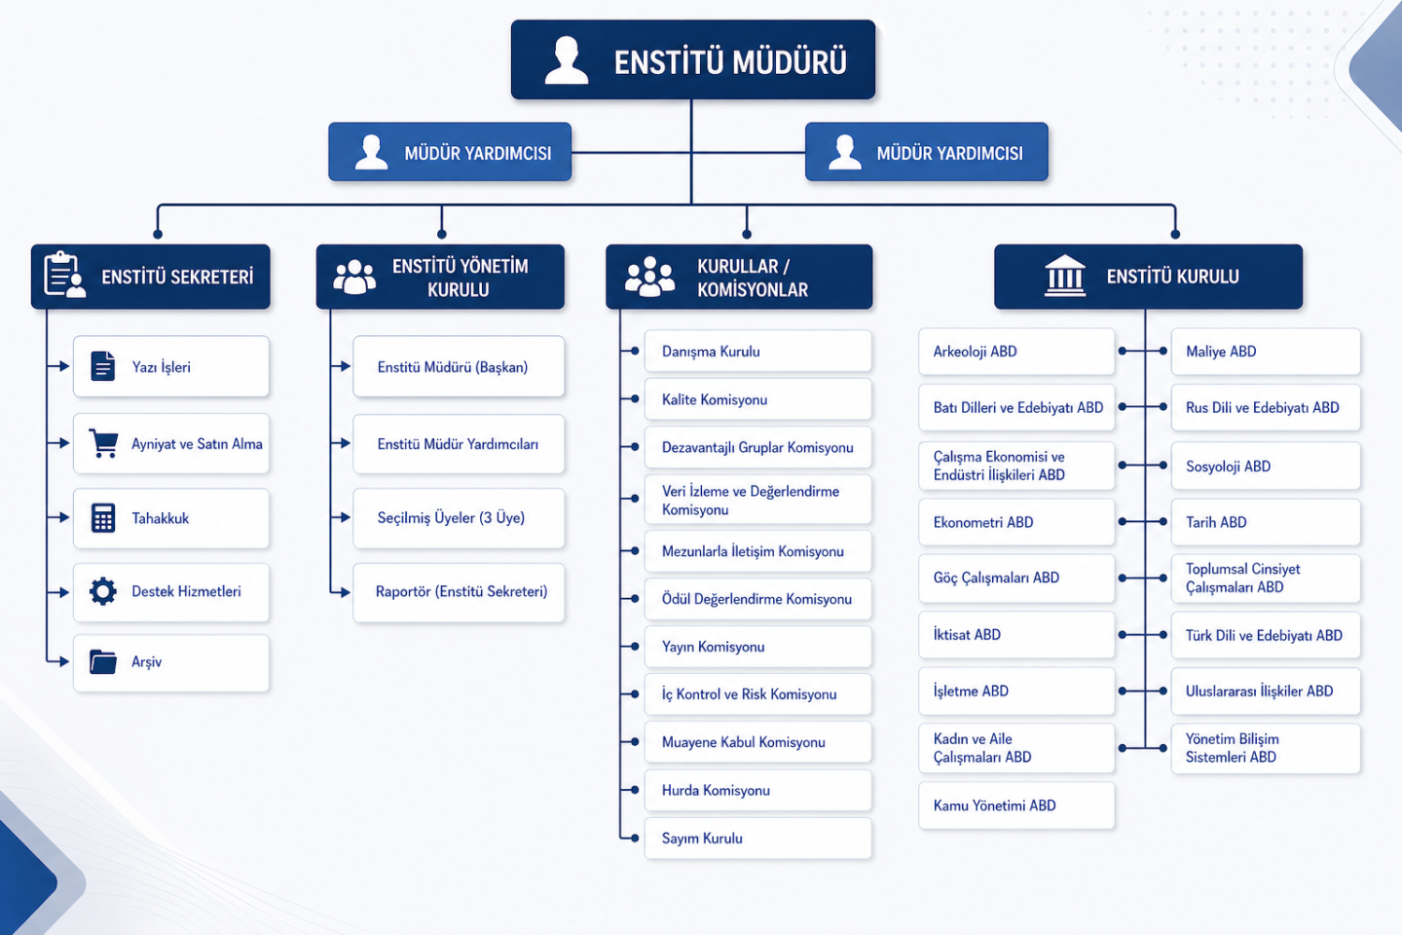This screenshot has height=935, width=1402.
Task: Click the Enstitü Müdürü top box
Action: [692, 60]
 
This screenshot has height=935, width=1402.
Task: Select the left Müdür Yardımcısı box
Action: [450, 152]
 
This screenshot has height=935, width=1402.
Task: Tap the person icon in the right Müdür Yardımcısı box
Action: [844, 152]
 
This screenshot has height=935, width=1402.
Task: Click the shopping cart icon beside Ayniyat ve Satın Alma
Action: [103, 443]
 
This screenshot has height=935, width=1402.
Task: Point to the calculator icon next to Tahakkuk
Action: [103, 517]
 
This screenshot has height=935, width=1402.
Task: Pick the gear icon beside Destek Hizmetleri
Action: [103, 591]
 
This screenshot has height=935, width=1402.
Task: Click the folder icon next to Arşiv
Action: [103, 662]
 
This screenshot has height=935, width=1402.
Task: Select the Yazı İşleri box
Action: [171, 366]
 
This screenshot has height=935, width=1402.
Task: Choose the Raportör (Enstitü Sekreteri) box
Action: [459, 592]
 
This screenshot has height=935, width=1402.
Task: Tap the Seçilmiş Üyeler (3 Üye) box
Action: [459, 518]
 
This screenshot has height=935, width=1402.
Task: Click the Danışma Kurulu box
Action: [757, 352]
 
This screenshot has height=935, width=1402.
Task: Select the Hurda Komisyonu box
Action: [757, 790]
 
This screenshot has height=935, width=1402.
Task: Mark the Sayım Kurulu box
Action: [757, 838]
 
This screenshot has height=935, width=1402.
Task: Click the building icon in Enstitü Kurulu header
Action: [1064, 276]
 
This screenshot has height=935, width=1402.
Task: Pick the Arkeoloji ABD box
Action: [1016, 352]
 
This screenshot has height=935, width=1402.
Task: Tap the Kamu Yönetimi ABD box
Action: [1016, 805]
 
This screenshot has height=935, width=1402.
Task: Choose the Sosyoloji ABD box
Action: [1266, 467]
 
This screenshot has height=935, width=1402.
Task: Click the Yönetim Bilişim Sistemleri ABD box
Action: [1266, 748]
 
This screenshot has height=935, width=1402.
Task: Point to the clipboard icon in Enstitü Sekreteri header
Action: [63, 275]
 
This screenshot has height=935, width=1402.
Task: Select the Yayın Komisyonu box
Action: [757, 647]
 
